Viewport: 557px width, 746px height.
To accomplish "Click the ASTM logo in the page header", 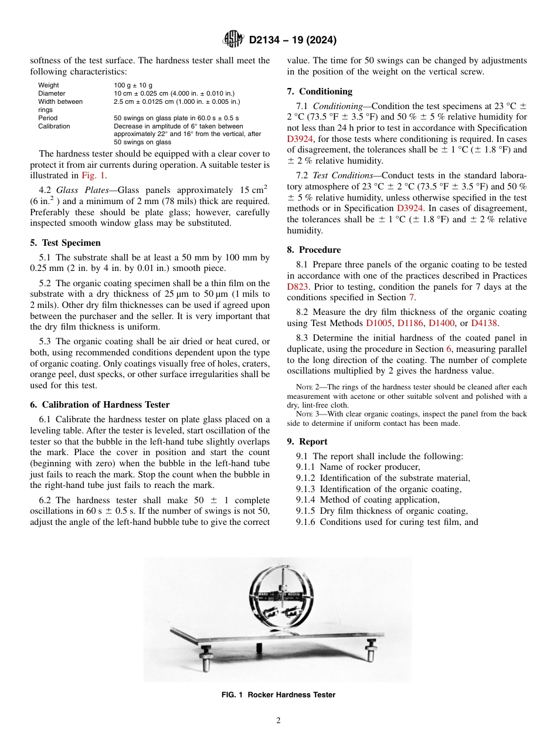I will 234,40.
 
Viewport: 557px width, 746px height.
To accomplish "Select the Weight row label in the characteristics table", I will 48,86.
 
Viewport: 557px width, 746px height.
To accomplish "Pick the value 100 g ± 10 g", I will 133,86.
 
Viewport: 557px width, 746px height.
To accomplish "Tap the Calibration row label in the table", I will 54,126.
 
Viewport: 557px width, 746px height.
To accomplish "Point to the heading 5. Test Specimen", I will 65,242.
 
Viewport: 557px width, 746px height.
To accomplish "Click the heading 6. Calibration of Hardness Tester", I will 100,404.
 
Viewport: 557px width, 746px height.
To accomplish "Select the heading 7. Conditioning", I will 320,91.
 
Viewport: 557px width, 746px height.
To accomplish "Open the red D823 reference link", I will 298,287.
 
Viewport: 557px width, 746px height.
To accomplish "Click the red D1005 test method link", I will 379,323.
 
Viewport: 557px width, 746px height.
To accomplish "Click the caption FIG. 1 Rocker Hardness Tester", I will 278,695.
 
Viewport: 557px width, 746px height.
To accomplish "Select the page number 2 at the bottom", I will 278,721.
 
